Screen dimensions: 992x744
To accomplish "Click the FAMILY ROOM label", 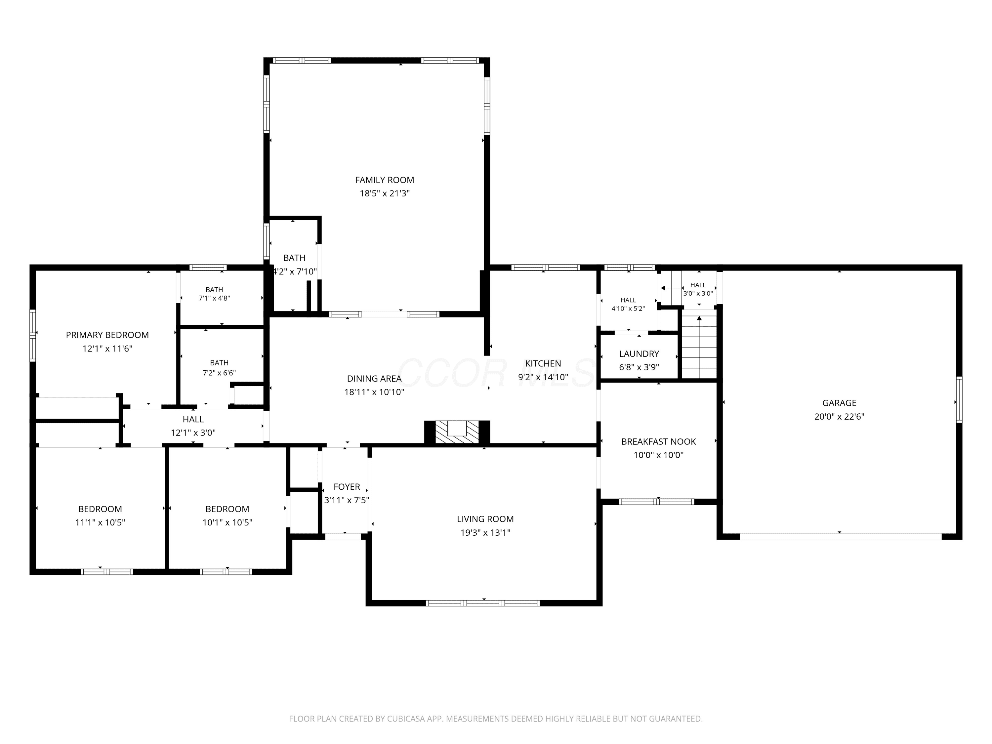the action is coord(384,180).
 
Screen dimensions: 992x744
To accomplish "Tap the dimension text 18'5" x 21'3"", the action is coord(384,193).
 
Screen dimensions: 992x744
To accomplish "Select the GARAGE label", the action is coord(839,403).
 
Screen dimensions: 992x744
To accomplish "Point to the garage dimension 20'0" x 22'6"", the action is coord(839,416).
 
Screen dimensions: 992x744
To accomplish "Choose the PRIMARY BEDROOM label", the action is coord(107,335).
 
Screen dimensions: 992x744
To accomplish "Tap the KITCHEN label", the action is coord(543,363).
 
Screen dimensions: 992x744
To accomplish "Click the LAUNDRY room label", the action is coord(639,354).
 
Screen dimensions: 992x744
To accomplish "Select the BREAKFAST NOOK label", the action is coord(658,442).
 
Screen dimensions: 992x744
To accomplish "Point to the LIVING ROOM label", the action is coord(485,519).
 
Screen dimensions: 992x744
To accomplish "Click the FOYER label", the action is coord(347,487).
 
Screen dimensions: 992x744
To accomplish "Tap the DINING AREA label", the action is coord(374,379).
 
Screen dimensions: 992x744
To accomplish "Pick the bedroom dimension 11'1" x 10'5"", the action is coord(100,522).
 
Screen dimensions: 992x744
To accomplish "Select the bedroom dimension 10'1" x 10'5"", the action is coord(227,522).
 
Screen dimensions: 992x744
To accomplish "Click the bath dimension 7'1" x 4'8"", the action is coord(214,298).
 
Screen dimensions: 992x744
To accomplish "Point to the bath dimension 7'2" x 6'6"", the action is coord(219,373).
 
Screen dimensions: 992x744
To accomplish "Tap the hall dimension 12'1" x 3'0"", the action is coord(193,433).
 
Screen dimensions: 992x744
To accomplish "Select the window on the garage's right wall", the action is coord(959,399).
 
